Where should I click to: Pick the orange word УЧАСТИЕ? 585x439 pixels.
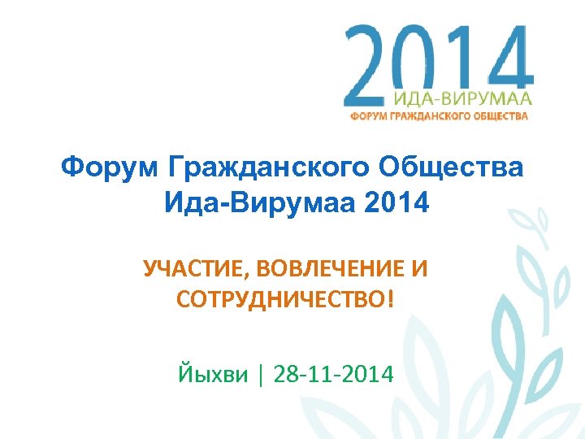point(192,269)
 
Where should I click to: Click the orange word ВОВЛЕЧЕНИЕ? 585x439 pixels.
point(327,269)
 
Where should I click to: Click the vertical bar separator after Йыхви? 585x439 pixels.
point(261,375)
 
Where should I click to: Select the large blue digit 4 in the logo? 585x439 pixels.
point(506,59)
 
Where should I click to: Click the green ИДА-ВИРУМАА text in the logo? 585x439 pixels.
point(461,99)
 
